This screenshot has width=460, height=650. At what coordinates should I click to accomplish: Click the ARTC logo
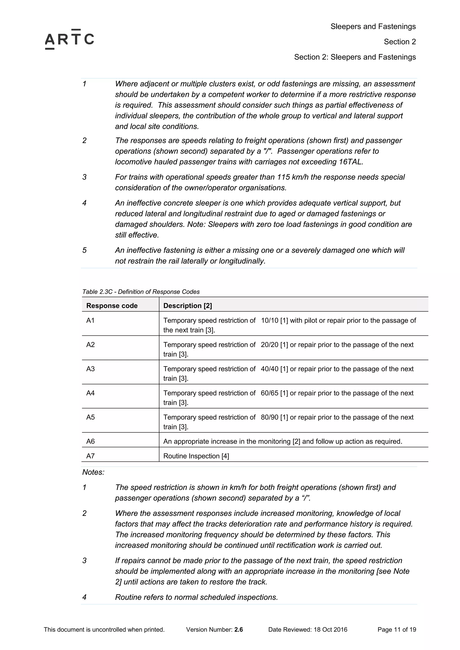point(69,39)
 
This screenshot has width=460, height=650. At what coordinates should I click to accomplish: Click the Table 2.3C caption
point(141,292)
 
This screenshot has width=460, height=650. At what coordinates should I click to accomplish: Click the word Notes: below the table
point(93,472)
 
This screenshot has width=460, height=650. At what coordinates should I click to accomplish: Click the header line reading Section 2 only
point(400,42)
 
